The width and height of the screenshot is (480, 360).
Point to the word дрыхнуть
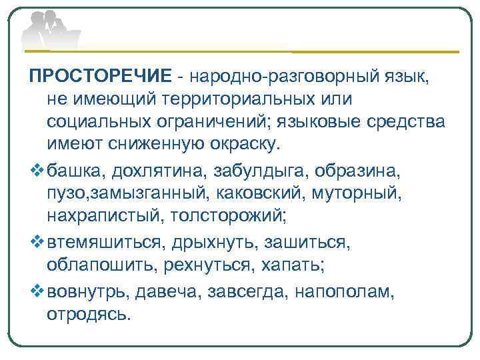click(212, 241)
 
